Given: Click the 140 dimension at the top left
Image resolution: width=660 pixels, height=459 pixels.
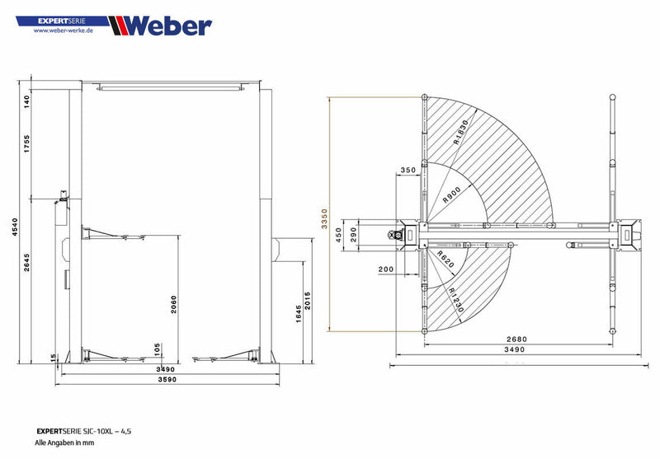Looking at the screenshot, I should pyautogui.click(x=26, y=101).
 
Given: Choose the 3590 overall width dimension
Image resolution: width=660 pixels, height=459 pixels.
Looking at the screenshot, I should pyautogui.click(x=168, y=380).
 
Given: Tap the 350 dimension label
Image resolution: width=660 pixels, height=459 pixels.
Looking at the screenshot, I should pyautogui.click(x=408, y=171).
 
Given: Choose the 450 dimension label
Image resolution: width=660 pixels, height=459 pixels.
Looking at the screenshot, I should pyautogui.click(x=337, y=235).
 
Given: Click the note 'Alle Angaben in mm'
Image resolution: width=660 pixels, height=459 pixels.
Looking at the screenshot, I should pyautogui.click(x=65, y=443).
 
